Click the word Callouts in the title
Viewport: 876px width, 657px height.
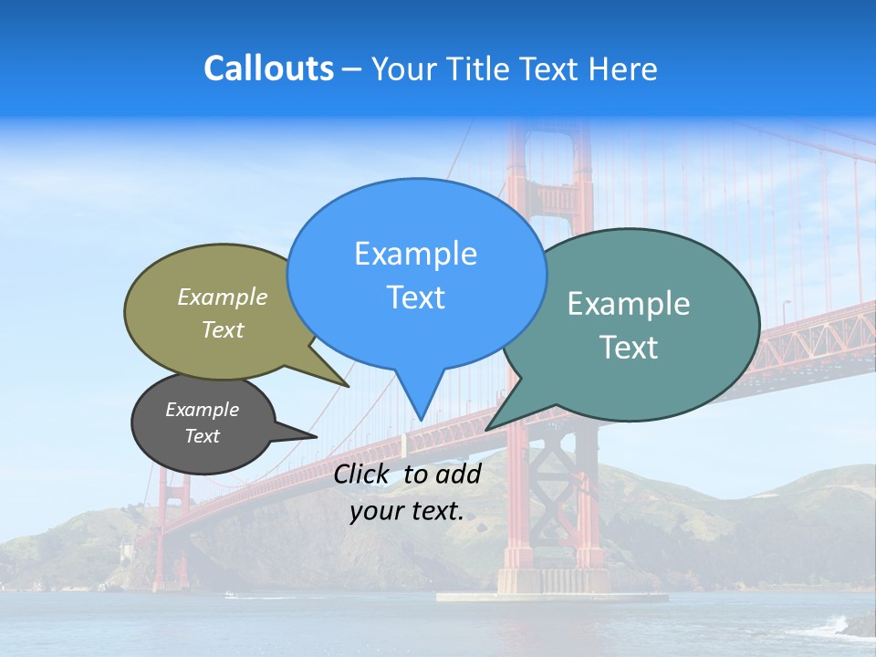pyautogui.click(x=268, y=69)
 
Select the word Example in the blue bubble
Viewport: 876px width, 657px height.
pyautogui.click(x=415, y=254)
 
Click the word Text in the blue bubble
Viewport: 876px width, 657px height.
pyautogui.click(x=415, y=297)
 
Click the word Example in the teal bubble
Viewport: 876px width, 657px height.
pyautogui.click(x=628, y=304)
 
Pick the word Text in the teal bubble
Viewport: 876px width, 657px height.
pyautogui.click(x=628, y=348)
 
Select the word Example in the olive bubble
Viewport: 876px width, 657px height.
pyautogui.click(x=223, y=297)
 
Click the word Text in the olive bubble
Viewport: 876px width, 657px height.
pyautogui.click(x=223, y=330)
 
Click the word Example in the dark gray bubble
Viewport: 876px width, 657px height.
pyautogui.click(x=202, y=410)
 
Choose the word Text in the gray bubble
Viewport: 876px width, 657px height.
pyautogui.click(x=202, y=436)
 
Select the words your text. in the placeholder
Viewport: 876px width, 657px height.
pyautogui.click(x=406, y=512)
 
